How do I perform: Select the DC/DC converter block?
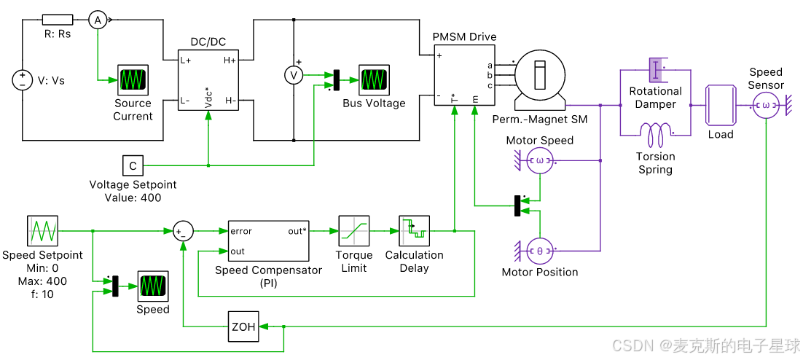208,81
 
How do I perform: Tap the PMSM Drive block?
465,75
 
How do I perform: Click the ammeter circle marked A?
98,20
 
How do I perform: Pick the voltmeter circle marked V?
294,75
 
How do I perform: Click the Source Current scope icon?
133,80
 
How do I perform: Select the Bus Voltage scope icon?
373,80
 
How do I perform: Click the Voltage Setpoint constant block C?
133,165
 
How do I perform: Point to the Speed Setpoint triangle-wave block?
42,231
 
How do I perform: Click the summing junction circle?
183,231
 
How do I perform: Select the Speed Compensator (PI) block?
268,241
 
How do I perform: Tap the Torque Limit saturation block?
353,231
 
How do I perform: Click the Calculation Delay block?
414,231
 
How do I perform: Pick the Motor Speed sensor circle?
540,160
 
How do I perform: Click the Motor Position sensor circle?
540,251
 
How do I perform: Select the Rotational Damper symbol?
656,70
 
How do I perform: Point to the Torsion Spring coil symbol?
655,136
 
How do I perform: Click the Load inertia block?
721,106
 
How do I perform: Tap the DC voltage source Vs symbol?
22,80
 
